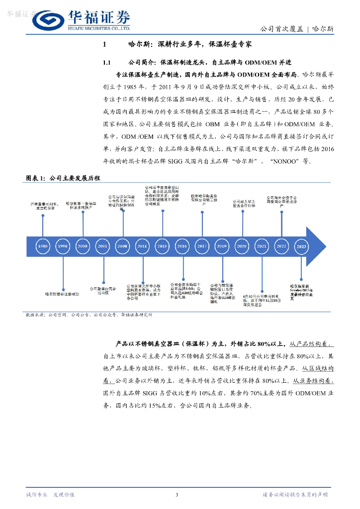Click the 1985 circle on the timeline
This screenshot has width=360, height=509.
[43, 246]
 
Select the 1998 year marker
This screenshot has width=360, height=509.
[63, 246]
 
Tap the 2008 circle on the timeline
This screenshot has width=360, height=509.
[122, 246]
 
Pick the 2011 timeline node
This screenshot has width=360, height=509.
[142, 246]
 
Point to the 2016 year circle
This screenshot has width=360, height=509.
[182, 246]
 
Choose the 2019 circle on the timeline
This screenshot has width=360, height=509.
[222, 246]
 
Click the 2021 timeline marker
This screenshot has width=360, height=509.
[262, 246]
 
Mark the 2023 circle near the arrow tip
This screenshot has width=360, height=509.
[301, 246]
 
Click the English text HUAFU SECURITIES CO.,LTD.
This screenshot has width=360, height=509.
[98, 28]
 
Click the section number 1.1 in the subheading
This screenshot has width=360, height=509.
[106, 63]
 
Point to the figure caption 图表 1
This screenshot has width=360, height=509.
[36, 178]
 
